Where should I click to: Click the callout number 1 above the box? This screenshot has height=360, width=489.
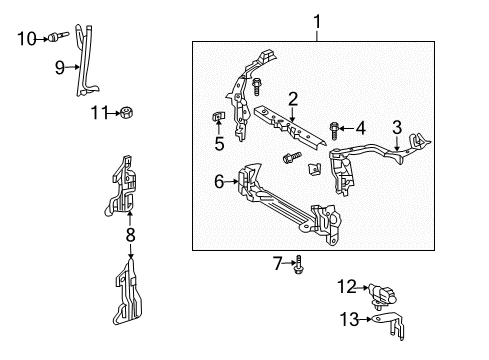pos(317,20)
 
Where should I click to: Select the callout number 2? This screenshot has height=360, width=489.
pos(293,98)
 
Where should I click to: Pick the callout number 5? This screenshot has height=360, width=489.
pos(219,143)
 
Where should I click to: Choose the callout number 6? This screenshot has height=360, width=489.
pos(219,182)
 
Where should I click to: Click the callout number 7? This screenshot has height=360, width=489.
pos(279,263)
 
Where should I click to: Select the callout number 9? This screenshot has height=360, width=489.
pos(60,68)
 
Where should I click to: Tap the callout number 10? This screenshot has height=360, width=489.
pos(27,39)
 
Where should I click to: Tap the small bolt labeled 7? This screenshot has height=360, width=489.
pos(298,264)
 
